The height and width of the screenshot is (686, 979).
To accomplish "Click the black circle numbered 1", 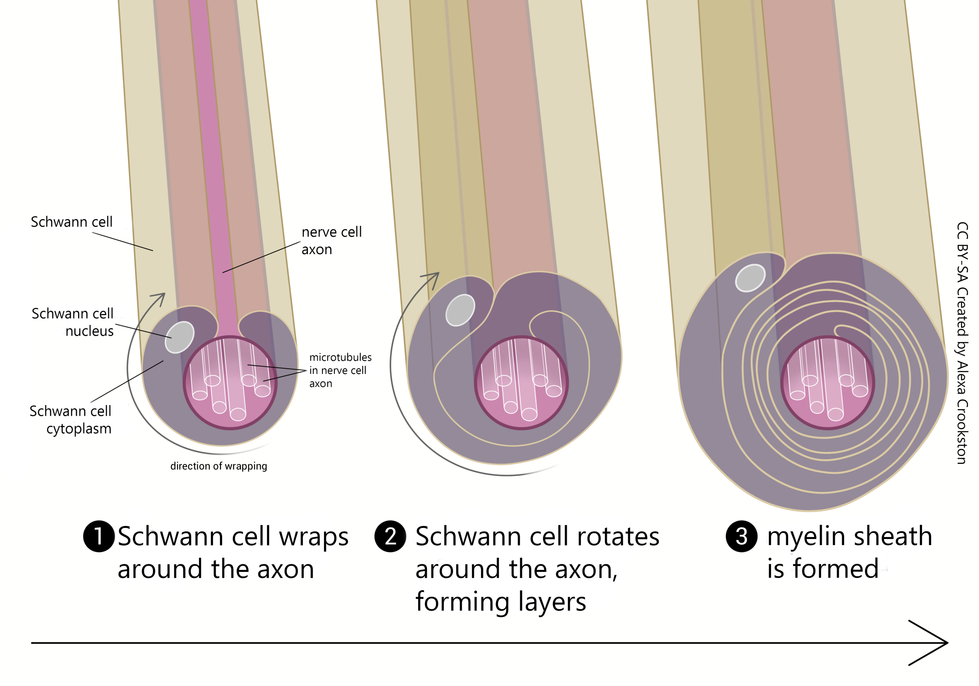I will (x=99, y=536).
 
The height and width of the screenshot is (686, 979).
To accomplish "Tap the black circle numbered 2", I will (x=390, y=536).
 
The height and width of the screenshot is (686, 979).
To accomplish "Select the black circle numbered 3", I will (x=742, y=536).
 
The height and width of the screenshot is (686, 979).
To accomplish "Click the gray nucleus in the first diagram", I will (x=179, y=337).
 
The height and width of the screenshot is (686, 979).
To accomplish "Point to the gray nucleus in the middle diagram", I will (x=460, y=310).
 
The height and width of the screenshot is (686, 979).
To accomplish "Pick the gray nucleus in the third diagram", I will (x=750, y=278).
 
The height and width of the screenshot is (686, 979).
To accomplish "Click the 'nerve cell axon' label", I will (x=331, y=240).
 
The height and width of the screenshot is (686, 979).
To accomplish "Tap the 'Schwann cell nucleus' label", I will (x=73, y=322).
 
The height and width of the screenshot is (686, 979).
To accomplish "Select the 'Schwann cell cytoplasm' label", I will (x=70, y=420).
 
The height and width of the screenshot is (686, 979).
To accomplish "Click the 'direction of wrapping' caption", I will (x=218, y=466).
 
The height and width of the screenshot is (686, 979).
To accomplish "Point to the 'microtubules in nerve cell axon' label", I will (x=340, y=370).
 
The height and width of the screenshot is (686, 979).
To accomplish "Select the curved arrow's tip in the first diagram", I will (x=164, y=294).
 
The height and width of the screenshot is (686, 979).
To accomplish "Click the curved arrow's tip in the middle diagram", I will (x=437, y=274).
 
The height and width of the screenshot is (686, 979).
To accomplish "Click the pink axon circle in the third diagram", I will (x=827, y=383).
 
